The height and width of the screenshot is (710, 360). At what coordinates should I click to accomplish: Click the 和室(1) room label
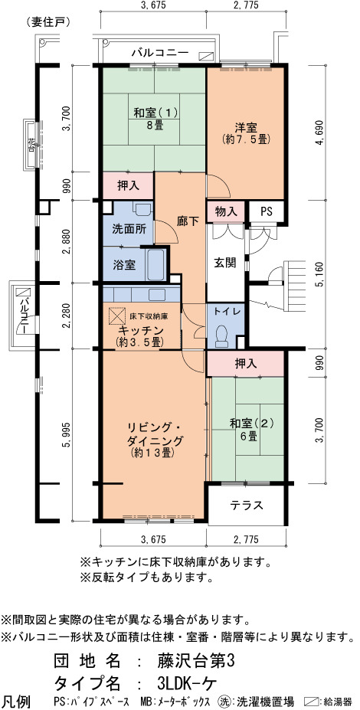(155, 112)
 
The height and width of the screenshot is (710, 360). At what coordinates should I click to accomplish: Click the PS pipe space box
(267, 211)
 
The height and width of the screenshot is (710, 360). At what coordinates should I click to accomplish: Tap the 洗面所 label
(129, 230)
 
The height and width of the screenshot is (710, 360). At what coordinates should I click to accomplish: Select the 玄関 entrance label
(224, 263)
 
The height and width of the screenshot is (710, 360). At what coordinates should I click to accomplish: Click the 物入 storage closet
(226, 211)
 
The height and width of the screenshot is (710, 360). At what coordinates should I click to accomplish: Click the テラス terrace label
(247, 506)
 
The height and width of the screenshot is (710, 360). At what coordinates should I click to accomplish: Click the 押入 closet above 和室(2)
(245, 363)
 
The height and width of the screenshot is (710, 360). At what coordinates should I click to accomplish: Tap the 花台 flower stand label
(31, 144)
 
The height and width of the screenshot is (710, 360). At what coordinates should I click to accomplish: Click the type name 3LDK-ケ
(180, 682)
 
